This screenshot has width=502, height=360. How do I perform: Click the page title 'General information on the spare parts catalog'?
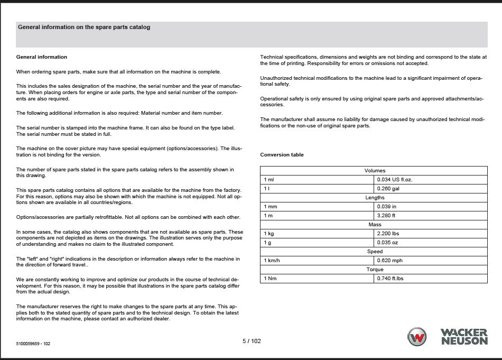pos(84,27)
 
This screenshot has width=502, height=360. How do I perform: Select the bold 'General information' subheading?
pos(42,57)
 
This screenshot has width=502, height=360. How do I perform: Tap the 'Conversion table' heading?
pos(282,155)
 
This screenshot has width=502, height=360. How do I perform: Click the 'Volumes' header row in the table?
pos(374,171)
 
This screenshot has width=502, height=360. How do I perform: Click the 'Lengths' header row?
pos(374,198)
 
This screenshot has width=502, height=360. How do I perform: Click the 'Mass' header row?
pos(374,225)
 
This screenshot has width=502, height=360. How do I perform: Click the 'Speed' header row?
pos(374,252)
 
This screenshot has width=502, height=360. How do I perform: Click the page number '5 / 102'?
pos(252,341)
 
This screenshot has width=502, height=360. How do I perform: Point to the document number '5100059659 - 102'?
pos(33,344)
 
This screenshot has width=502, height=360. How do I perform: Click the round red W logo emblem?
pos(417,337)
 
